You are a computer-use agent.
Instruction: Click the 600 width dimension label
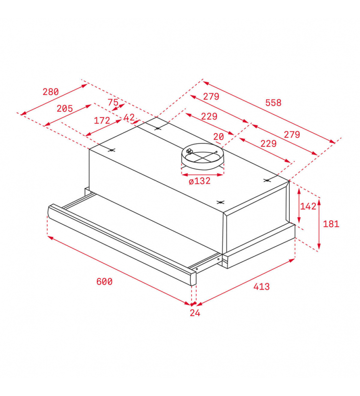point(104,281)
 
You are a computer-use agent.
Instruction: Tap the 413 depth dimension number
point(262,287)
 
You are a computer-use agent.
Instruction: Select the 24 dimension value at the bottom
point(195,313)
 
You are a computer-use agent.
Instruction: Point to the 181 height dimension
point(331,224)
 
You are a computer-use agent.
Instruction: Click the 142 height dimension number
point(308,206)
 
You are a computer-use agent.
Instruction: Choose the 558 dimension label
point(273,102)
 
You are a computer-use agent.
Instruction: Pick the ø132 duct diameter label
point(200,181)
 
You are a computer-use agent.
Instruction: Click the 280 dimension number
point(50,92)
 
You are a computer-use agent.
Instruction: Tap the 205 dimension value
point(65,108)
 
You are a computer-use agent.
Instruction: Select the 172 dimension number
point(102,120)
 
